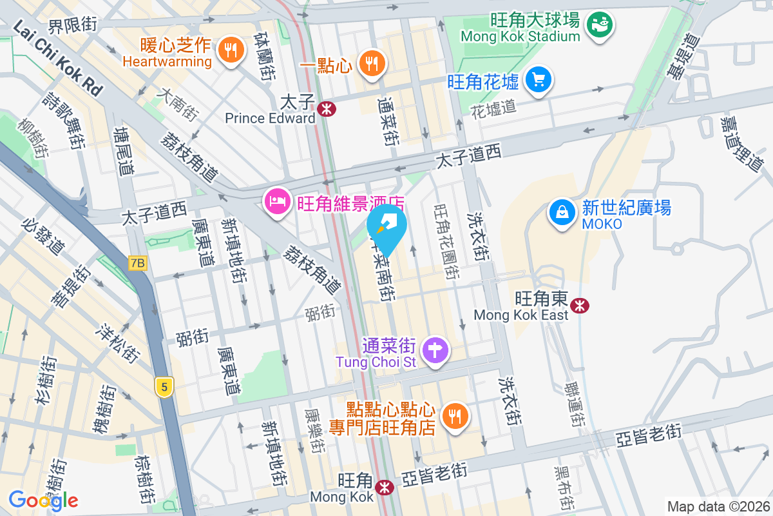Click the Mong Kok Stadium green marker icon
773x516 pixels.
[600, 24]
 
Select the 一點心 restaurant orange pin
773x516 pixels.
[371, 63]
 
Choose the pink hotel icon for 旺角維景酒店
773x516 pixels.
[276, 202]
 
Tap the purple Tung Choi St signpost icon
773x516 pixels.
[436, 350]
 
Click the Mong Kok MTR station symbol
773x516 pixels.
[385, 488]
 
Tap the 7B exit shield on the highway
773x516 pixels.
[138, 263]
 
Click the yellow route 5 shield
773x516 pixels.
[165, 388]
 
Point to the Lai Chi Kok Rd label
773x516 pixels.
[58, 59]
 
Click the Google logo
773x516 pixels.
[43, 500]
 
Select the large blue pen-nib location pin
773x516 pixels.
[388, 229]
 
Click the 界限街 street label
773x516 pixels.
[73, 25]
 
